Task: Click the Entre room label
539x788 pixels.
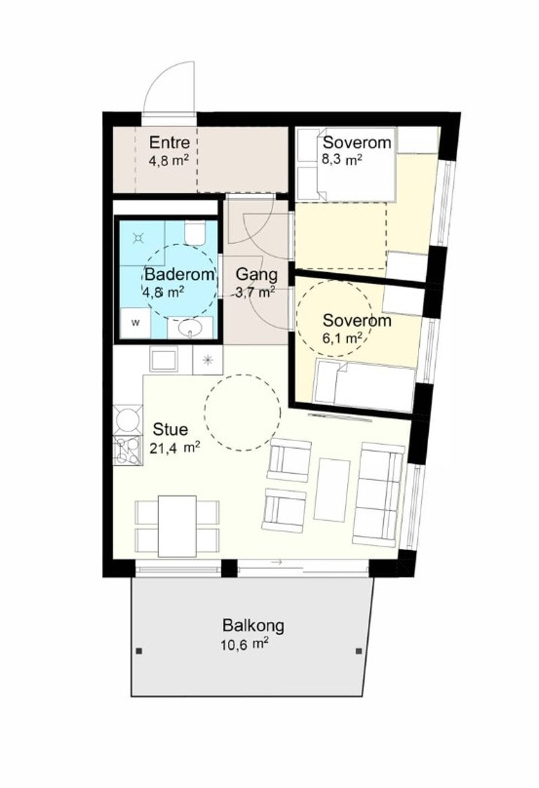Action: pos(169,143)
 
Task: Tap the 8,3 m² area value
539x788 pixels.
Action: pos(342,160)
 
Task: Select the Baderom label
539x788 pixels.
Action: pos(179,274)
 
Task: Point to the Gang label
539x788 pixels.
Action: pos(257,274)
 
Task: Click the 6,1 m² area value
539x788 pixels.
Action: pos(342,338)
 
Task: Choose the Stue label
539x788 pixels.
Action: pos(171,430)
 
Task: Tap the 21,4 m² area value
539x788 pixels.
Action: pos(175,448)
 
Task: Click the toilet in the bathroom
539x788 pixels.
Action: pos(195,233)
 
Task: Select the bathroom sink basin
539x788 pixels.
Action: pos(190,328)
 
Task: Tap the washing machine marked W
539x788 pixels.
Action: pos(136,324)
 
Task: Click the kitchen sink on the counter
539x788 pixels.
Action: pos(164,359)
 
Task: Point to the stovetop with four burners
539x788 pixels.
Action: pos(127,450)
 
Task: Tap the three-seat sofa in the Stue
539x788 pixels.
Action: pos(379,495)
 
